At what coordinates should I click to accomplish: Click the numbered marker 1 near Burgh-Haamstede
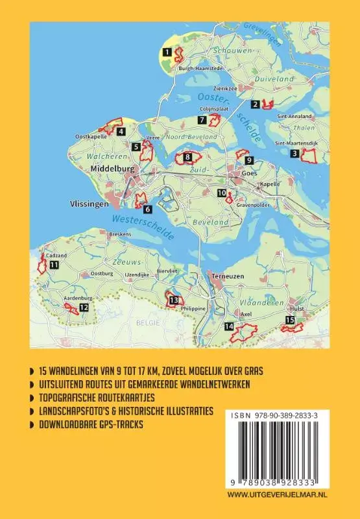167,51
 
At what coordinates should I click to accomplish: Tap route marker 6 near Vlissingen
147,209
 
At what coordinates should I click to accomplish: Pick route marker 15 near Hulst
290,320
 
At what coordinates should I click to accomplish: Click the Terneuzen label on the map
225,276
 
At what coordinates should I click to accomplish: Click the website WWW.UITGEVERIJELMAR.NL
287,494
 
